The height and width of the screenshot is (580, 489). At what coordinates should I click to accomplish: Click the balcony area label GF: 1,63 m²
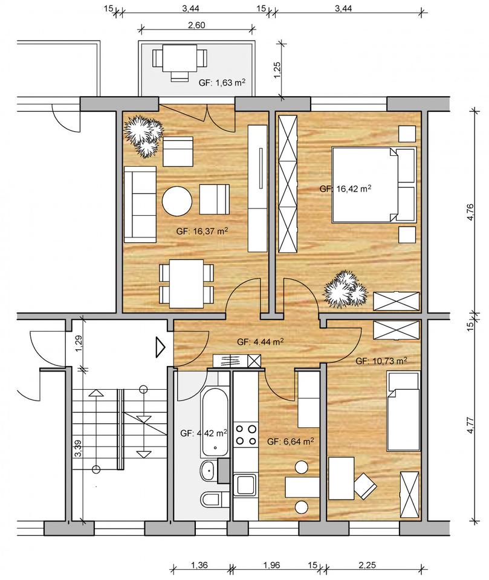222,82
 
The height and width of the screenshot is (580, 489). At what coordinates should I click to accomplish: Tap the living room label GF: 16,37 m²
202,231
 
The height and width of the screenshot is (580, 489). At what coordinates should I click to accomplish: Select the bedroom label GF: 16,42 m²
345,188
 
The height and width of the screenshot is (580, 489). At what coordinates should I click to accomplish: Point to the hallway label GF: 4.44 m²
261,342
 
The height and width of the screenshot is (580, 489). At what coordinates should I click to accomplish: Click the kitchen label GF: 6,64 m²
291,441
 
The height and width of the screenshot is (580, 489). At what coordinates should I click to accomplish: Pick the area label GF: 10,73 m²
381,361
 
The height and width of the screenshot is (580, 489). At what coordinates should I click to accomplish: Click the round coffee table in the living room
177,201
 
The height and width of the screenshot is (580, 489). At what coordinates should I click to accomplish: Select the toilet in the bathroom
210,500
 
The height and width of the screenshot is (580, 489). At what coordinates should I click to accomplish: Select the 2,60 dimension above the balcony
196,25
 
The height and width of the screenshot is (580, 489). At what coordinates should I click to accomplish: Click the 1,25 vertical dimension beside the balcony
277,69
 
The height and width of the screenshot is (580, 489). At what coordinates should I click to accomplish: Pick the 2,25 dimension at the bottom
368,565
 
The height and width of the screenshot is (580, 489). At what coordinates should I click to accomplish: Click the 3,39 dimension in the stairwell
78,448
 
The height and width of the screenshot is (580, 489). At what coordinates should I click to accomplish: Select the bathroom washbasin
208,471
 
